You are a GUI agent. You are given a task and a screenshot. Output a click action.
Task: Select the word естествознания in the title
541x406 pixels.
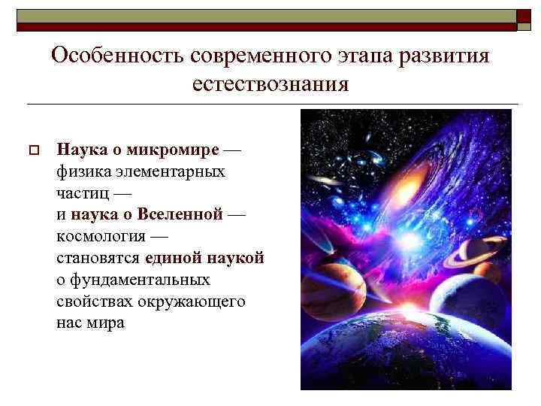point(270,83)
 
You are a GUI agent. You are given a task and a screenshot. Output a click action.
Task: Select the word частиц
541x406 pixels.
point(81,193)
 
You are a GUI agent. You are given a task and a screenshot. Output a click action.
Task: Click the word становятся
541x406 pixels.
point(98,258)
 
